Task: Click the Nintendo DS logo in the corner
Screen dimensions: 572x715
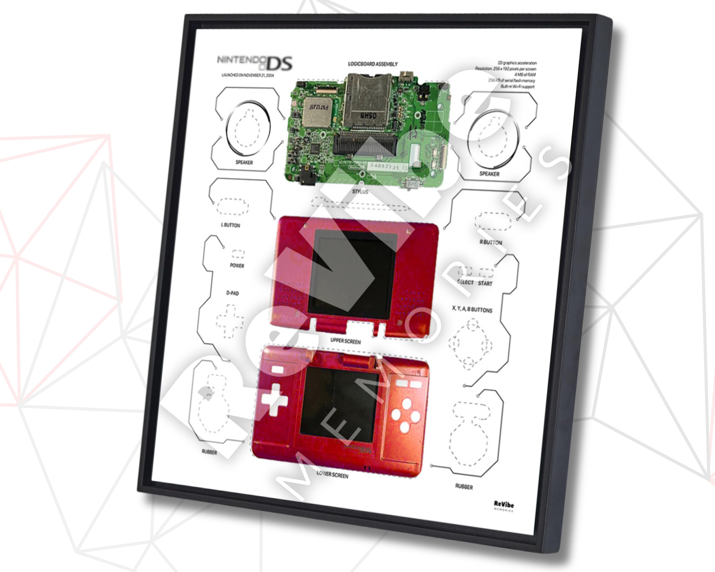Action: click(255, 63)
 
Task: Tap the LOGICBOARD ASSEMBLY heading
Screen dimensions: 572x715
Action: click(373, 64)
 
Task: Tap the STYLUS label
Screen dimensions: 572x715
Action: click(360, 191)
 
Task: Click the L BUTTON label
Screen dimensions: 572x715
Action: click(230, 225)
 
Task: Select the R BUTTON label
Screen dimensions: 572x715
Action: click(491, 242)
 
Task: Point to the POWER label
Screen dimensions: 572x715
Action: click(237, 266)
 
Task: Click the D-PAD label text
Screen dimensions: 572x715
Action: click(232, 293)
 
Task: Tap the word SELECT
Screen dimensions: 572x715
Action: click(465, 282)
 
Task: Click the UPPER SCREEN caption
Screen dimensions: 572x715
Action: click(345, 341)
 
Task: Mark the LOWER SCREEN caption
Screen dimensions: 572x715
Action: click(332, 475)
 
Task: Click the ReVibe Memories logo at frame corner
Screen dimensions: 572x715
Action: click(504, 506)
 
